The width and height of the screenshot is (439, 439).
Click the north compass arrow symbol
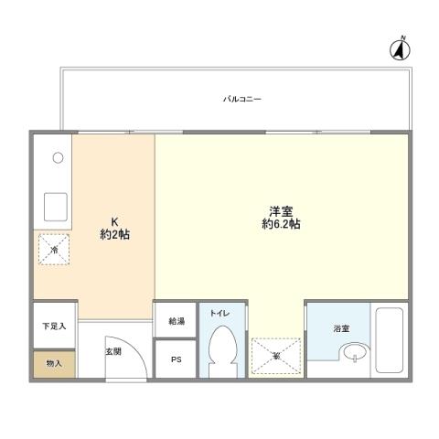pyautogui.click(x=400, y=49)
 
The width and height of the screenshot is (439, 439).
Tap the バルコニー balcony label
pyautogui.click(x=241, y=97)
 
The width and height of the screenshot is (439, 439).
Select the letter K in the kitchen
pyautogui.click(x=114, y=221)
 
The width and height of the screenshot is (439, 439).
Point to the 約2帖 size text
pyautogui.click(x=114, y=235)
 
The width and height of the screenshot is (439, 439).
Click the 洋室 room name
pyautogui.click(x=281, y=210)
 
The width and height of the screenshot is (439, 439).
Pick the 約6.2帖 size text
pyautogui.click(x=281, y=225)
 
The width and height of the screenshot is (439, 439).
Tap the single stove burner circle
pyautogui.click(x=57, y=158)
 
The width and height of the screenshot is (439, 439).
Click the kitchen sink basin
pyautogui.click(x=52, y=207)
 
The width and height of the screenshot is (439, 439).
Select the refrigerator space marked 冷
pyautogui.click(x=54, y=249)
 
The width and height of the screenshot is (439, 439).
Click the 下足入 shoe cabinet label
pyautogui.click(x=53, y=326)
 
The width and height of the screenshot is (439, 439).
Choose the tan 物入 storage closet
pyautogui.click(x=54, y=363)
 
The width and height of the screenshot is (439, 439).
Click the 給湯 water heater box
pyautogui.click(x=176, y=321)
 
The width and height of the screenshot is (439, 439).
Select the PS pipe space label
pyautogui.click(x=176, y=359)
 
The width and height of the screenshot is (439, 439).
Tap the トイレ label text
pyautogui.click(x=220, y=313)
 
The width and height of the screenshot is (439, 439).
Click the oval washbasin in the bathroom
pyautogui.click(x=353, y=353)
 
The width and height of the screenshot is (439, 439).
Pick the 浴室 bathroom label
pyautogui.click(x=340, y=327)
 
